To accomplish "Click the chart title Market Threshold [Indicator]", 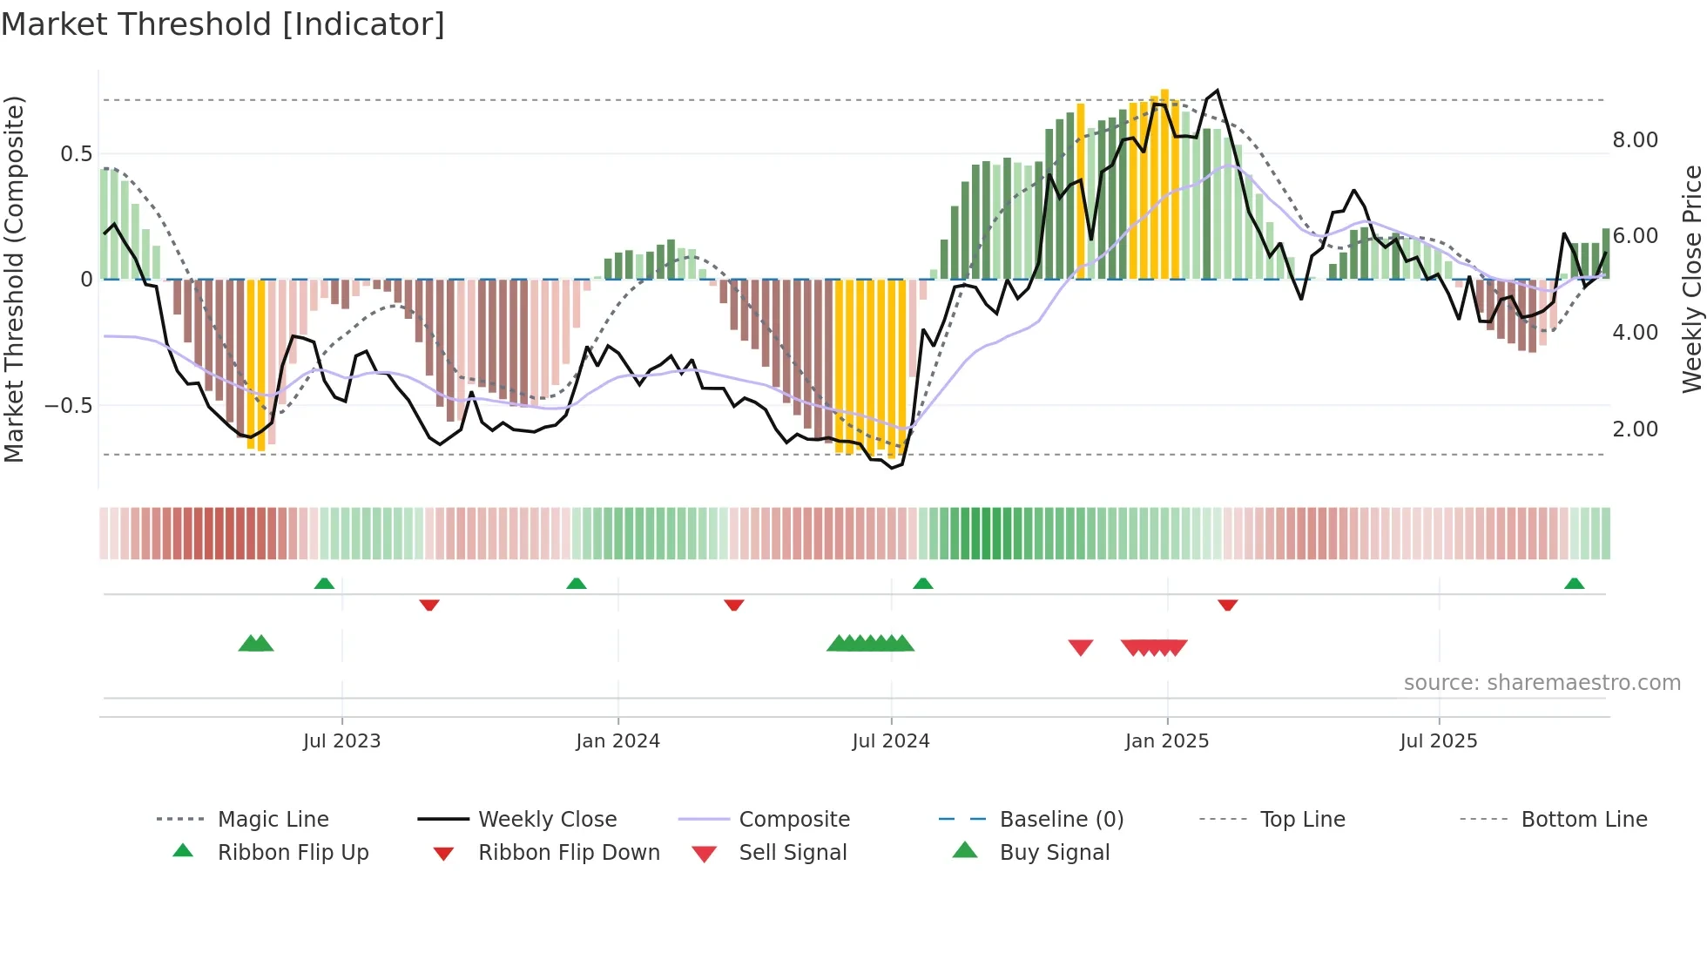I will click(x=223, y=24).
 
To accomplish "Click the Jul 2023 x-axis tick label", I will click(x=341, y=741).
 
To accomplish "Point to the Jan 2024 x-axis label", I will click(x=617, y=741).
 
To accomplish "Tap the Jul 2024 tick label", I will click(x=890, y=741).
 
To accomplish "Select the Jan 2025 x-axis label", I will click(x=1166, y=741).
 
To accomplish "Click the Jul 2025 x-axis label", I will click(x=1438, y=741).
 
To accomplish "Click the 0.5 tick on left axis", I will click(x=76, y=154).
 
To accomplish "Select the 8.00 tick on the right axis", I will click(x=1635, y=140).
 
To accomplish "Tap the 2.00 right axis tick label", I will click(x=1635, y=429).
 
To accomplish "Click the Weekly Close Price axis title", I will click(x=1691, y=279).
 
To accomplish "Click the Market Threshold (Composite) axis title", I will click(x=14, y=279).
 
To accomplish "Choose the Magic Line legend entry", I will click(x=273, y=820).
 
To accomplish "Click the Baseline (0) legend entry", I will click(x=1061, y=820).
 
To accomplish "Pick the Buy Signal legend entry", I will click(x=1054, y=853).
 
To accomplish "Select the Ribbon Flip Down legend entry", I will click(x=568, y=853).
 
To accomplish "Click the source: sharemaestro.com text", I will click(x=1542, y=683).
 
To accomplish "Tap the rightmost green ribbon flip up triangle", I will click(x=1574, y=584).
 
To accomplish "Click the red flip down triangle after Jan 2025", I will click(x=1227, y=605).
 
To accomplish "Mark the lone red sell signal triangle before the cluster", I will click(x=1080, y=647).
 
